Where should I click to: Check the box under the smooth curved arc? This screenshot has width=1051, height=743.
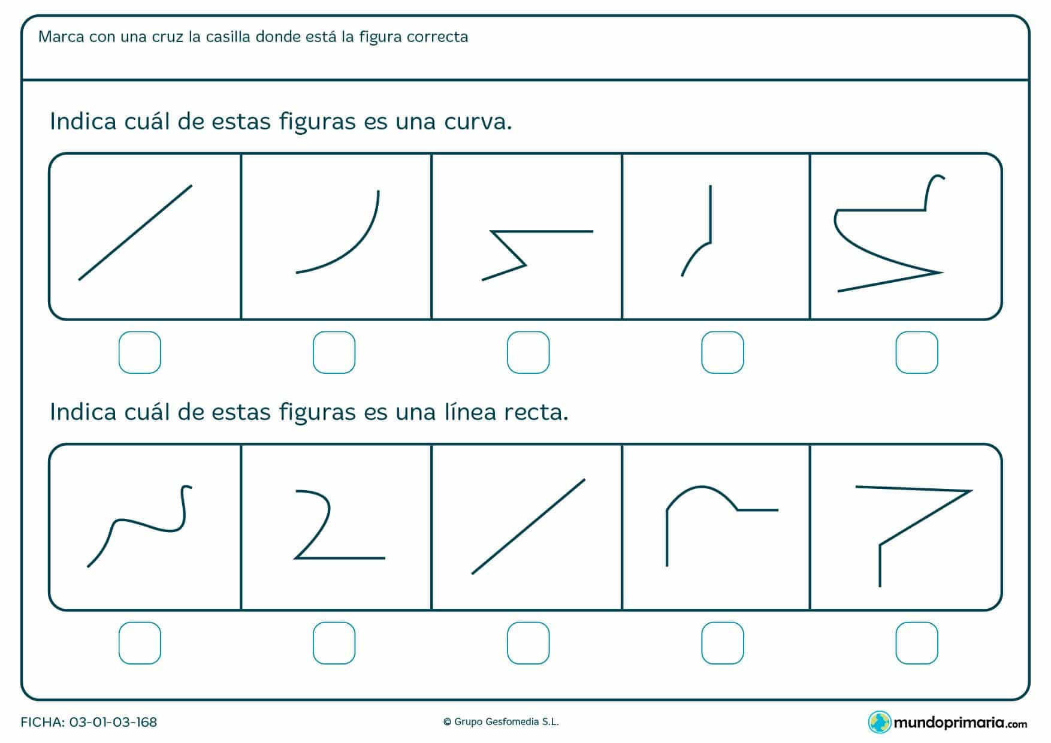pos(334,352)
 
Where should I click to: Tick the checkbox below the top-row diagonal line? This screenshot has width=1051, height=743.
pos(140,352)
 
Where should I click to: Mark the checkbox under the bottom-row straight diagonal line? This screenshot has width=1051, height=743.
pos(528,643)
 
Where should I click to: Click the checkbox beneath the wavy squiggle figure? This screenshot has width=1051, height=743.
pos(140,643)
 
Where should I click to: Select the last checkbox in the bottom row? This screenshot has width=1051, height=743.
pos(916,643)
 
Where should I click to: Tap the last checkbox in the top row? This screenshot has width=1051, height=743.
pos(916,352)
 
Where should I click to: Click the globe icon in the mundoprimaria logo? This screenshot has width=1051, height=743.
pos(879,722)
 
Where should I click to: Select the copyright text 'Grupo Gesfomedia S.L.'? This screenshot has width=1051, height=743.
pos(506,722)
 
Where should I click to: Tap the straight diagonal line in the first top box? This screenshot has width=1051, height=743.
pos(135,232)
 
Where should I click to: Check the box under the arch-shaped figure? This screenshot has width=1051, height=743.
pos(722,643)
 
